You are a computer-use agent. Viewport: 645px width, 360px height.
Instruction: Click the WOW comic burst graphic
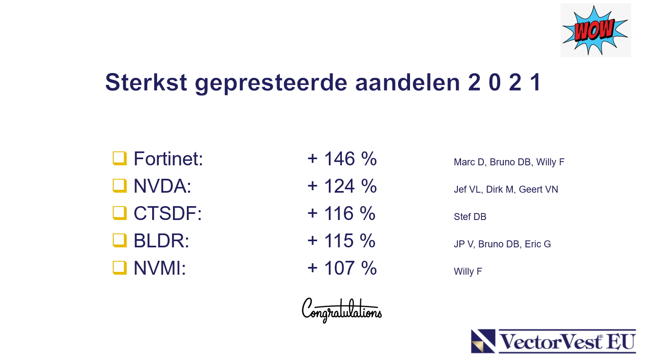(595, 30)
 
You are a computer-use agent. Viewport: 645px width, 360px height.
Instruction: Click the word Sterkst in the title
(146, 82)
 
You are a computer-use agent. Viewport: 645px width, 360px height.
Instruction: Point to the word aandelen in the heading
(408, 82)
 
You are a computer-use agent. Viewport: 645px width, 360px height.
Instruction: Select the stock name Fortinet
(168, 159)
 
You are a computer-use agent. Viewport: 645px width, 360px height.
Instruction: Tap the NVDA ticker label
(162, 186)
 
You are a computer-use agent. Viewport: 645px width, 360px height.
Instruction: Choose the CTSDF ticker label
(168, 213)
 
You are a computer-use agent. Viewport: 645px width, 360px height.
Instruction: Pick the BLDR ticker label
(161, 241)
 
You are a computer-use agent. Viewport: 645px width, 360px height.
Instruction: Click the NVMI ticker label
(160, 268)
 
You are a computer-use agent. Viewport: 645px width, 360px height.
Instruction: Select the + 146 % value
(342, 159)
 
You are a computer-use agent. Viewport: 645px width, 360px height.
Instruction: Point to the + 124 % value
(342, 186)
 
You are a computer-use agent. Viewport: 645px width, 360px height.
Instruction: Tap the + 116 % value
(341, 213)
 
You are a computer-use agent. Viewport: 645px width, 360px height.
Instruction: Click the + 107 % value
(342, 268)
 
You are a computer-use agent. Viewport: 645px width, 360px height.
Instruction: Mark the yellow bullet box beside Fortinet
(120, 158)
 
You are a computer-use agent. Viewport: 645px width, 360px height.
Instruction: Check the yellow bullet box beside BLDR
(120, 240)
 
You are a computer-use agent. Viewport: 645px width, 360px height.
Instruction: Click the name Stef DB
(470, 217)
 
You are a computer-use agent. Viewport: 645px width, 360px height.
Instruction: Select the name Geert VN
(539, 189)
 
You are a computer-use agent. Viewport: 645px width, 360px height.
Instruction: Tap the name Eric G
(538, 244)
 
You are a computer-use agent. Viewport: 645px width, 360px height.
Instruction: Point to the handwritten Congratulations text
(342, 311)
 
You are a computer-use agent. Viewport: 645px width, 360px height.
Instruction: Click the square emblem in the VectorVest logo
(483, 341)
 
